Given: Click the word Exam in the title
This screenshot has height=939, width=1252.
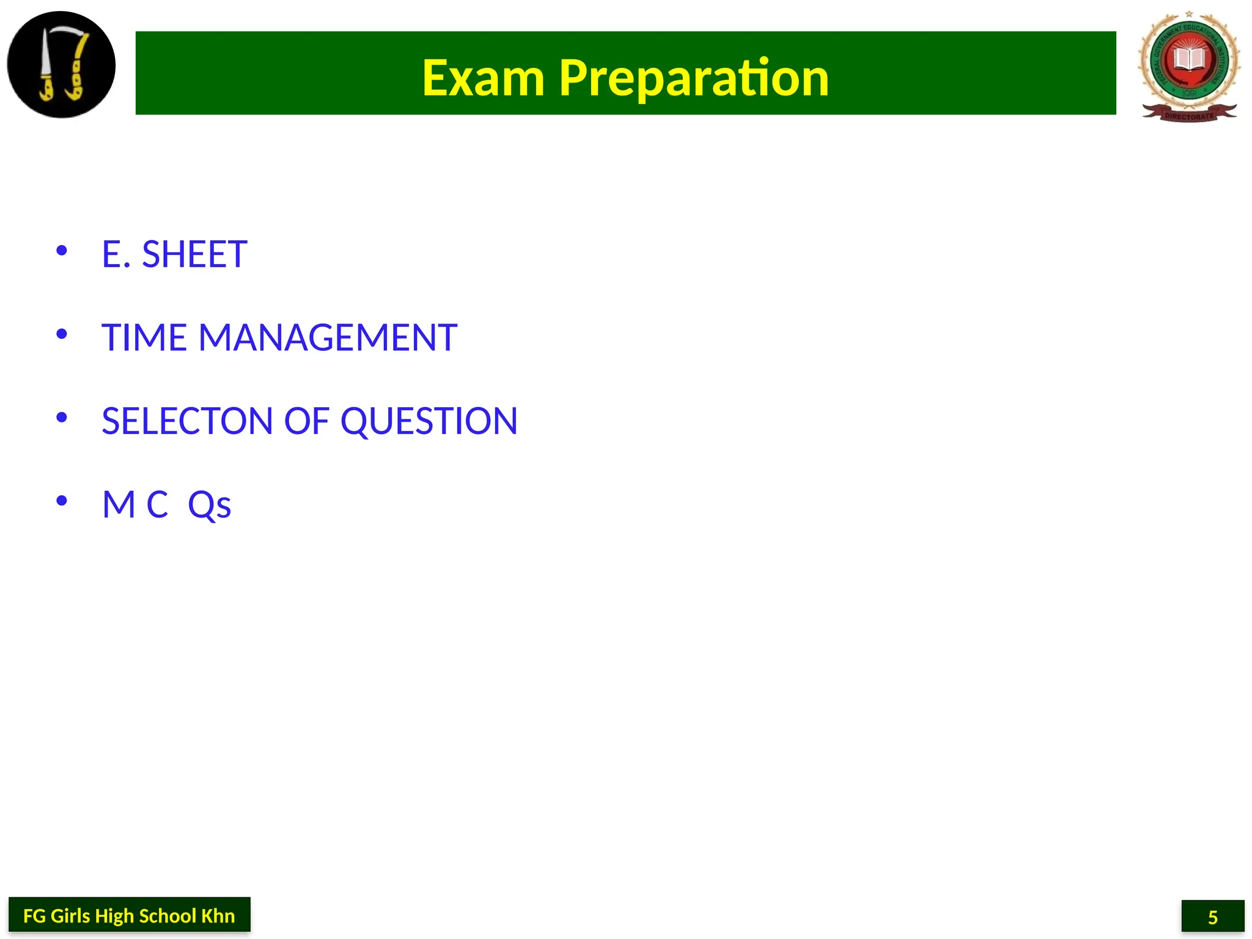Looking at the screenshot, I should point(483,78).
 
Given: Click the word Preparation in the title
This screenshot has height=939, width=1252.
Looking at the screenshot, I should point(694,78).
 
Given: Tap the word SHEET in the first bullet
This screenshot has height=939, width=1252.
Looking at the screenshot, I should point(194,254).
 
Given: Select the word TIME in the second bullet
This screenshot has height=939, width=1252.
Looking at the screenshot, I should point(144,337).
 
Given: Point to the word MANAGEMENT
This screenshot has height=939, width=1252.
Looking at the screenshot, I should point(328,337).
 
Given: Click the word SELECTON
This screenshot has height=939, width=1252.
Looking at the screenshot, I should point(187,421).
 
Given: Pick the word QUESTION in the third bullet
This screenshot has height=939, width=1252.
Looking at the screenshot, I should point(429,421).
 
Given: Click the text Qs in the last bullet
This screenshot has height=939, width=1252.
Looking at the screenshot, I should point(209,505).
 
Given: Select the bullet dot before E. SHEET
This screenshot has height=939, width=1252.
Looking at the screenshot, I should point(61,250).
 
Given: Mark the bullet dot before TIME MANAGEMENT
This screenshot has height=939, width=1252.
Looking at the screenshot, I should point(61,334).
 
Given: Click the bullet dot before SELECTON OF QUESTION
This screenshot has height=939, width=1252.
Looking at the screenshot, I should point(61,418).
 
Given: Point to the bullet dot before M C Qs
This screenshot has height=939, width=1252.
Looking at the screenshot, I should point(61,501).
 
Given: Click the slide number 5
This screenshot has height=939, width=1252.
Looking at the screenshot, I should point(1213,917).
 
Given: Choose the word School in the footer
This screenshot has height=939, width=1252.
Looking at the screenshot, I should point(167,916).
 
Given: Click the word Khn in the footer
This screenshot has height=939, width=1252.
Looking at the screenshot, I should point(218,916).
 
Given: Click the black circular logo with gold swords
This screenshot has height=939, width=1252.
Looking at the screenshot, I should point(61,65).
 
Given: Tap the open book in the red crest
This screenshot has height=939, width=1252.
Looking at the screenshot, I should point(1189,60).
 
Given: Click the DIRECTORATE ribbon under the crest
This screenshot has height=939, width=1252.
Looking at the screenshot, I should point(1189,115).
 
